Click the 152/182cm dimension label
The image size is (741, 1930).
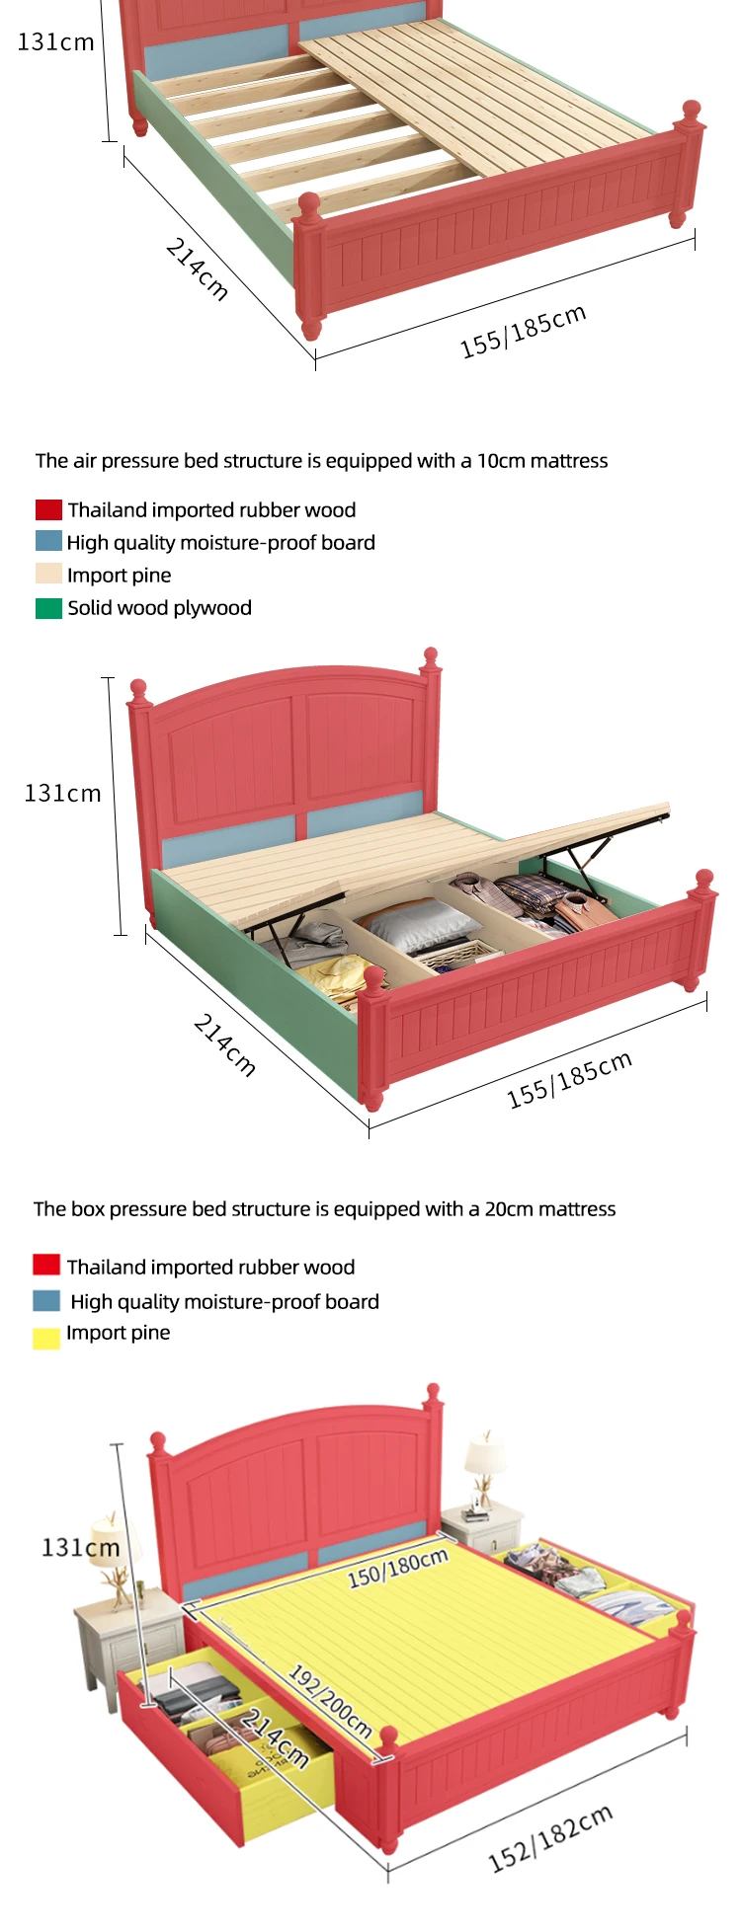550,1837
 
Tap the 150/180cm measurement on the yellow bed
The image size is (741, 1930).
397,1567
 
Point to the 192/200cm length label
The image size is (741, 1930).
330,1700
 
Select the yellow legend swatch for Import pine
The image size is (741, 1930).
46,1338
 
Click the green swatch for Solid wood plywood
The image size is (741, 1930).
48,608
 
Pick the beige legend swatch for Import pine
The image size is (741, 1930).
48,575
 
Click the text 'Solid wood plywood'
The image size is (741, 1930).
159,608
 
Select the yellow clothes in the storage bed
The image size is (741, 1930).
339,974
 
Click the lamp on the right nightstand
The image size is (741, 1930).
484,1465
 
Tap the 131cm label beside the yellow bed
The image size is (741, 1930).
79,1547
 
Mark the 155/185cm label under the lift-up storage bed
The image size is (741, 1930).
568,1079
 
